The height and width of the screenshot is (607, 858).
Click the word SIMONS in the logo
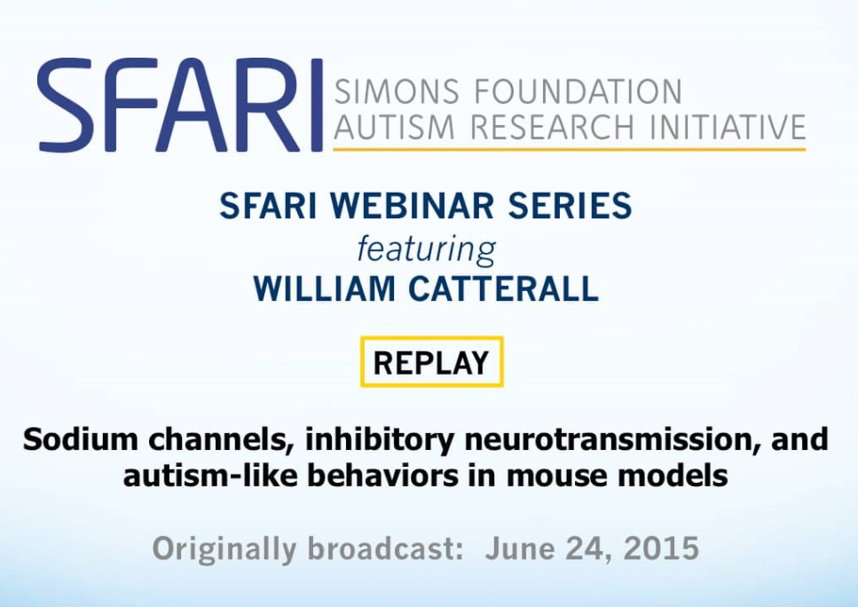(397, 91)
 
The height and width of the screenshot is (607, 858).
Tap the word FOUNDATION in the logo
(579, 91)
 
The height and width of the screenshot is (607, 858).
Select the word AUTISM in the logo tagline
(394, 126)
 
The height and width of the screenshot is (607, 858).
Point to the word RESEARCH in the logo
(552, 126)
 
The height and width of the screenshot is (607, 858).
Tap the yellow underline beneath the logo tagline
(569, 149)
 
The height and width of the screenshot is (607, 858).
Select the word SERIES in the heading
(570, 205)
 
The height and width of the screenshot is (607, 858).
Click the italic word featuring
(426, 249)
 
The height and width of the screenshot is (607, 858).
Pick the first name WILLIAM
(324, 288)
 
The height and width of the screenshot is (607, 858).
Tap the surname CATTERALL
(503, 288)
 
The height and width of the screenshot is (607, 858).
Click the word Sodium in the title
(81, 439)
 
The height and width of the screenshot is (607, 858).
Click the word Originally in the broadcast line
(224, 549)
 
